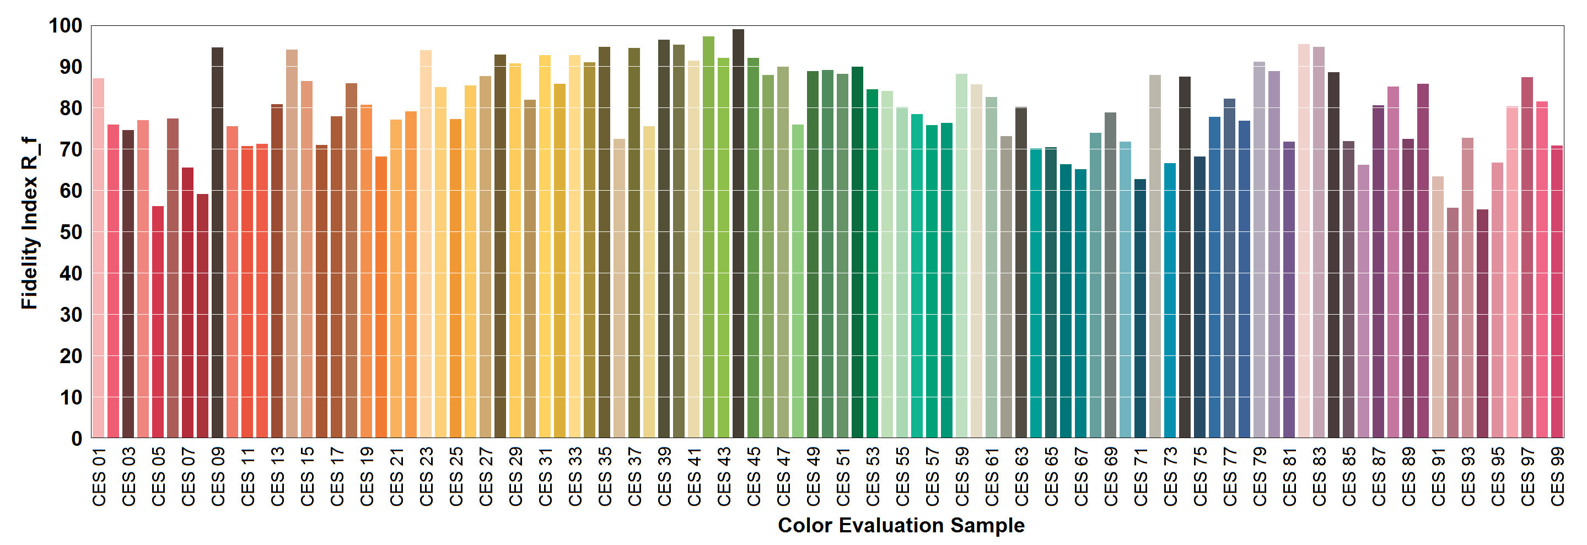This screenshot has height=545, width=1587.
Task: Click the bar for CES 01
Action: pyautogui.click(x=99, y=258)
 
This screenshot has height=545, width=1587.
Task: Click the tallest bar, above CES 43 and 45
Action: pyautogui.click(x=738, y=234)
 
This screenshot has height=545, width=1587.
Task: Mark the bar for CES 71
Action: pyautogui.click(x=1140, y=309)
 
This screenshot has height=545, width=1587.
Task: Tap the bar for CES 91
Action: pyautogui.click(x=1438, y=307)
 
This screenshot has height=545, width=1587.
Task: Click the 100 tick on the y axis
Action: pyautogui.click(x=65, y=26)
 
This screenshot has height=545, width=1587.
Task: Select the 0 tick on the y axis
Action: pyautogui.click(x=77, y=439)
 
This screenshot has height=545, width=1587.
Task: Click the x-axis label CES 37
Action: pyautogui.click(x=634, y=477)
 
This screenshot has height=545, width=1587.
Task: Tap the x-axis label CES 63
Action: pyautogui.click(x=1021, y=477)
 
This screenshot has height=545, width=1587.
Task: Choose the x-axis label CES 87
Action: pyautogui.click(x=1379, y=477)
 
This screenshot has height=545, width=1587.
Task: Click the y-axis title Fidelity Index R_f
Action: pyautogui.click(x=30, y=223)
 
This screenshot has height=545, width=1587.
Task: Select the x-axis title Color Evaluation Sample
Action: pyautogui.click(x=901, y=525)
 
